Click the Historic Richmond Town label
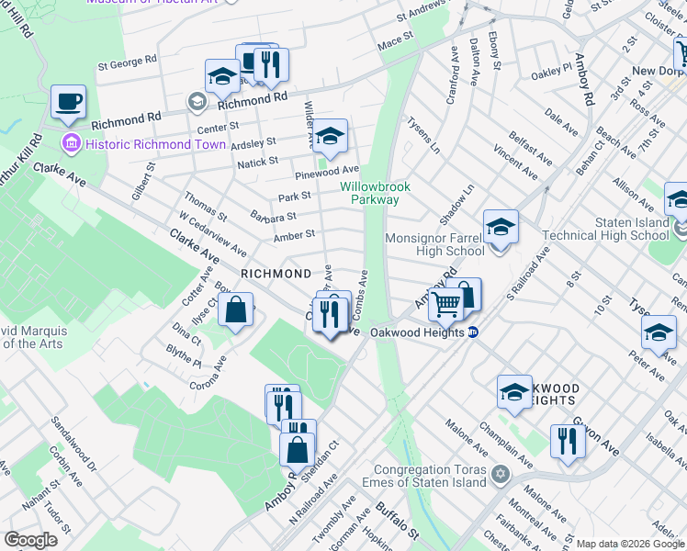point(142,144)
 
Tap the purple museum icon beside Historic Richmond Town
point(71,144)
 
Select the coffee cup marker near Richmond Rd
point(68,102)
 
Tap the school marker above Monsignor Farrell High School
point(501,228)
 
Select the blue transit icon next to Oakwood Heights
point(473,332)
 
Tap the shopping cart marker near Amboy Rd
point(446,302)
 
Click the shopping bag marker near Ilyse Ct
point(236,310)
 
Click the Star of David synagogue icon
point(500,475)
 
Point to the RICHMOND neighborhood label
point(276,274)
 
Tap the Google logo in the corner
point(31,540)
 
